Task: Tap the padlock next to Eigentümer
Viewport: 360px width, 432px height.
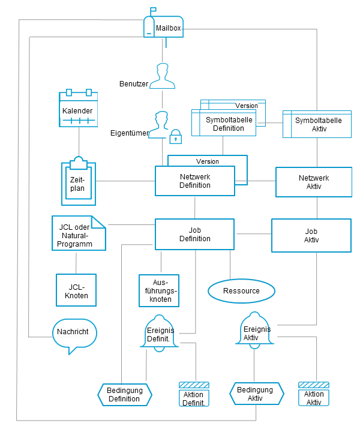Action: (x=175, y=137)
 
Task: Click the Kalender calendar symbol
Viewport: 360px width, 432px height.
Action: (x=78, y=109)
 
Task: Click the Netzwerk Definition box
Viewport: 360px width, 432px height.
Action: (x=194, y=181)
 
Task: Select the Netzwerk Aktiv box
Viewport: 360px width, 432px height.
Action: (x=313, y=182)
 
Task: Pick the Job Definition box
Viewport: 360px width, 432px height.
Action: (x=194, y=234)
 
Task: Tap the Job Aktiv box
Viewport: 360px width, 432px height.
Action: (x=311, y=235)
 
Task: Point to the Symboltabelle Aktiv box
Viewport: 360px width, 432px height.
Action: (x=317, y=124)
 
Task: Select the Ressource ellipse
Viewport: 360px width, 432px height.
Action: (x=241, y=291)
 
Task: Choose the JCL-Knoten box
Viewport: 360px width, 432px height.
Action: (x=76, y=291)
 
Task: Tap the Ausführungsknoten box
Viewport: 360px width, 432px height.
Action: (x=159, y=290)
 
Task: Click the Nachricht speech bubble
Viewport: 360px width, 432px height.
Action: (x=74, y=334)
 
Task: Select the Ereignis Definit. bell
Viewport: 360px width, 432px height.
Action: (x=159, y=333)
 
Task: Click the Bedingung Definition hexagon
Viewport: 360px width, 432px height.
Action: (x=124, y=394)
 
